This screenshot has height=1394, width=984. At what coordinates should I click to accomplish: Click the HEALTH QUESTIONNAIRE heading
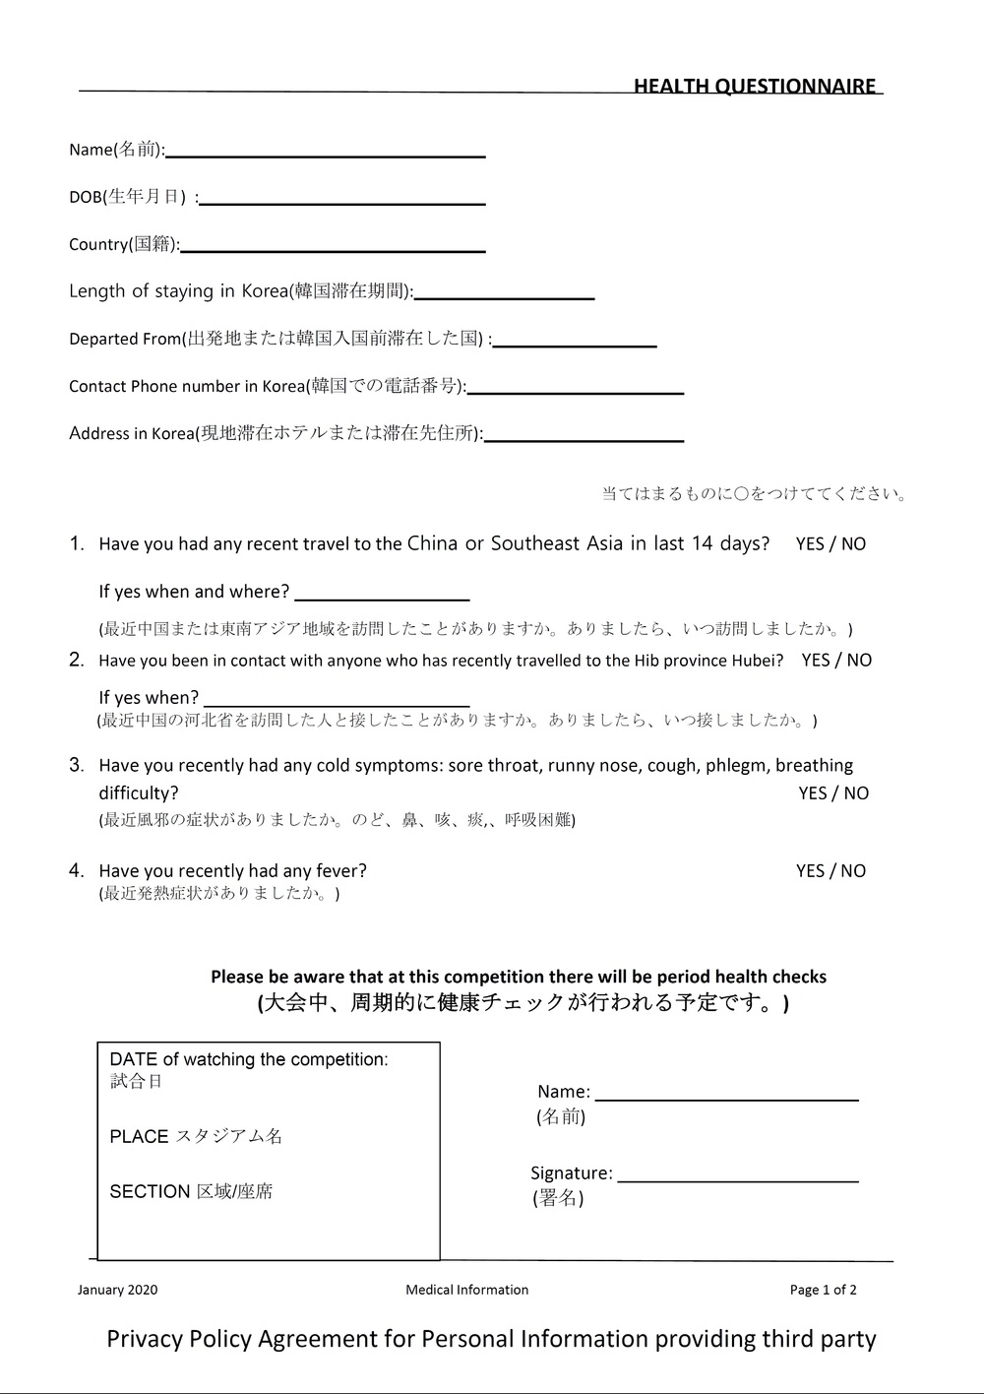[x=755, y=87]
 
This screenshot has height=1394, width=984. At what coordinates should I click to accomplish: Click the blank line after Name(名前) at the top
[x=326, y=155]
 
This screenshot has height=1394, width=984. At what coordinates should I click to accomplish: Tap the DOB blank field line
[x=342, y=202]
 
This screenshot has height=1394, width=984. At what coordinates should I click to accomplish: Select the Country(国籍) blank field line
[x=334, y=250]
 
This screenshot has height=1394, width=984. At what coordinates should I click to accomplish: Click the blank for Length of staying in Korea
[x=505, y=296]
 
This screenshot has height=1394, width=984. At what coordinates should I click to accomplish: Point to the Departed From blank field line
[x=575, y=345]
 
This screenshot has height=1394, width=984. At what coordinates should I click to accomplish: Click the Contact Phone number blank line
[x=576, y=392]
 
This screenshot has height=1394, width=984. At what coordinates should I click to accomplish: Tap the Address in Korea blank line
[x=584, y=439]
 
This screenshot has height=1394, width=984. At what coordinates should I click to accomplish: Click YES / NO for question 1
[x=830, y=544]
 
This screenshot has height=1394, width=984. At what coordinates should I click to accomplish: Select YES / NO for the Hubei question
[x=836, y=661]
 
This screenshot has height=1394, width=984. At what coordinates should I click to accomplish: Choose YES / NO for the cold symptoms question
[x=833, y=793]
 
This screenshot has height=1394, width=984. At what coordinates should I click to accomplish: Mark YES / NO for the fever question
[x=830, y=871]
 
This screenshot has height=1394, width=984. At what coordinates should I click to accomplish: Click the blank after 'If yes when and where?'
[x=382, y=597]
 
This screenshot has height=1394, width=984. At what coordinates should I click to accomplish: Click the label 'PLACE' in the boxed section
[x=139, y=1137]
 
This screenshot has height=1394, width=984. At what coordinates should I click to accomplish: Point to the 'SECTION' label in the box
[x=150, y=1192]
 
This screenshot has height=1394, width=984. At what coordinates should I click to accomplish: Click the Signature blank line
[x=738, y=1177]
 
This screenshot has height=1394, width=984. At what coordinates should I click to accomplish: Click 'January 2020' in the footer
[x=117, y=1290]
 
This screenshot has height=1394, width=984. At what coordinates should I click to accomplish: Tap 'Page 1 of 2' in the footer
[x=823, y=1290]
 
